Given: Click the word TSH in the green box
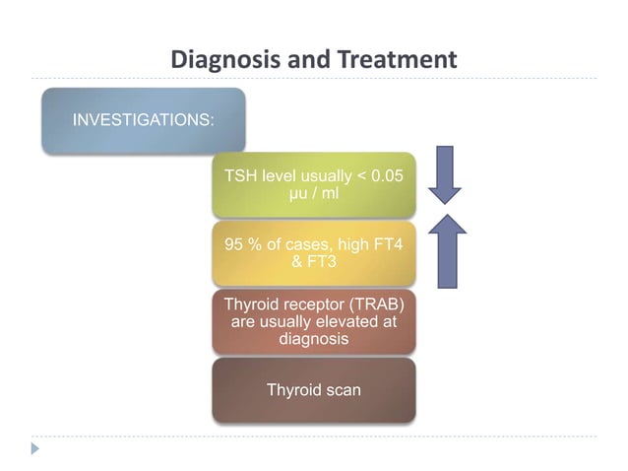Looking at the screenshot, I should pyautogui.click(x=241, y=176).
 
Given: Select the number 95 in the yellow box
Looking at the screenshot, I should pyautogui.click(x=235, y=244).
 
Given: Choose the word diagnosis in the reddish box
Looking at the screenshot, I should pyautogui.click(x=313, y=338).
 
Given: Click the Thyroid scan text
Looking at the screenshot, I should pyautogui.click(x=313, y=389).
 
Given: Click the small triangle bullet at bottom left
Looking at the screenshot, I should pyautogui.click(x=35, y=448).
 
